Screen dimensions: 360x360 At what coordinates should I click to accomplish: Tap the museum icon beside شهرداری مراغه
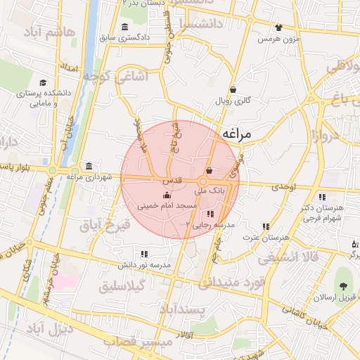click(x=89, y=166)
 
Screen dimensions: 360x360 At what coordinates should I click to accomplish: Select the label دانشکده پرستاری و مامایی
click(x=51, y=98)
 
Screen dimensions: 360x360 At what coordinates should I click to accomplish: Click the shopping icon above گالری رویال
click(x=233, y=89)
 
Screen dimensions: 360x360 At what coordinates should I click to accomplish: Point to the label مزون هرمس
click(x=278, y=39)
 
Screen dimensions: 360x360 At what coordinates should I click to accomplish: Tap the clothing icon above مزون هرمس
click(x=278, y=28)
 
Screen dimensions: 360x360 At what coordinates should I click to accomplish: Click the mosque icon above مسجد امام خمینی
click(x=167, y=195)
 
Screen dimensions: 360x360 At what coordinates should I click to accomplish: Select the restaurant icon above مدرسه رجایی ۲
click(x=210, y=214)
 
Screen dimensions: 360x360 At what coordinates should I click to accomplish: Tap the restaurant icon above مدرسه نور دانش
click(x=144, y=254)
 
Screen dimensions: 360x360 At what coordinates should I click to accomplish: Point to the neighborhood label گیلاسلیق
click(x=143, y=285)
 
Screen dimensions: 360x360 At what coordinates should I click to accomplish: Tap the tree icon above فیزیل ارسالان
click(x=343, y=285)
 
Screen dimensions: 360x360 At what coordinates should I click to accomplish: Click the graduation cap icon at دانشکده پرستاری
click(x=44, y=83)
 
